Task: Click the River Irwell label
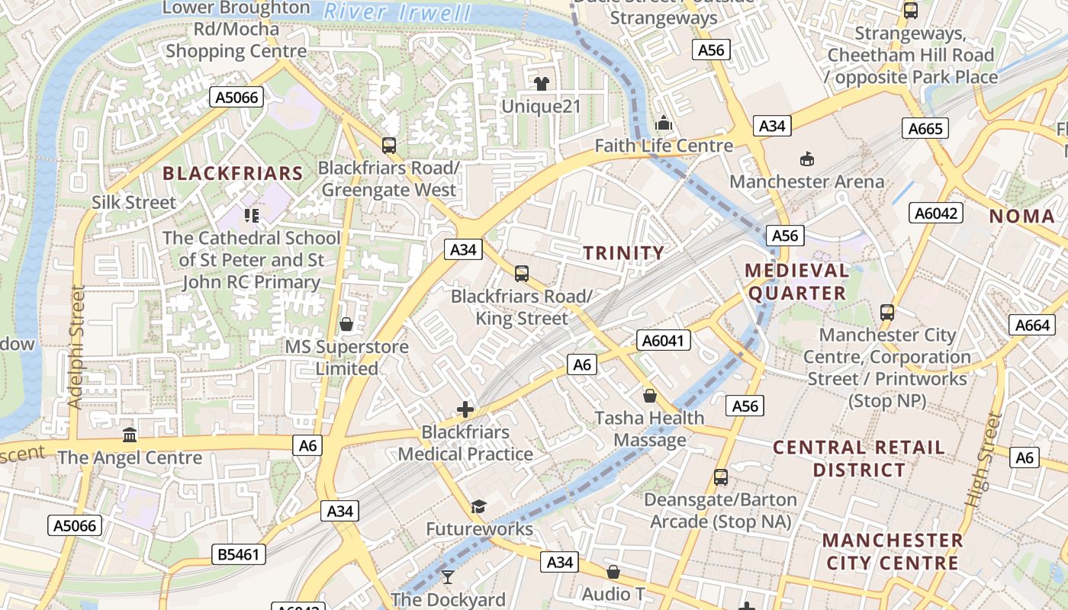397,12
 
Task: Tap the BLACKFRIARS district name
233,174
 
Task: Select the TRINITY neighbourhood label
624,253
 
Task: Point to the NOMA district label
1022,217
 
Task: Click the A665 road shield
925,129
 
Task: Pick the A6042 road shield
936,213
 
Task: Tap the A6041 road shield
664,341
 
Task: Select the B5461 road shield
239,554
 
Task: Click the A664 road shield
1034,326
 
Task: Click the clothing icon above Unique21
542,83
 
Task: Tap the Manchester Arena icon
806,159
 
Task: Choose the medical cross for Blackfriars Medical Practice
465,409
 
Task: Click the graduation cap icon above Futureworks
478,506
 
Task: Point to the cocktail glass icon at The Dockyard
448,577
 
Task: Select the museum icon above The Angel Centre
130,435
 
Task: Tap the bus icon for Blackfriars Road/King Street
522,273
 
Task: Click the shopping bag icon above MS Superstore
346,324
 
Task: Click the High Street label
982,461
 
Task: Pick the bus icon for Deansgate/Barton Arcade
721,477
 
